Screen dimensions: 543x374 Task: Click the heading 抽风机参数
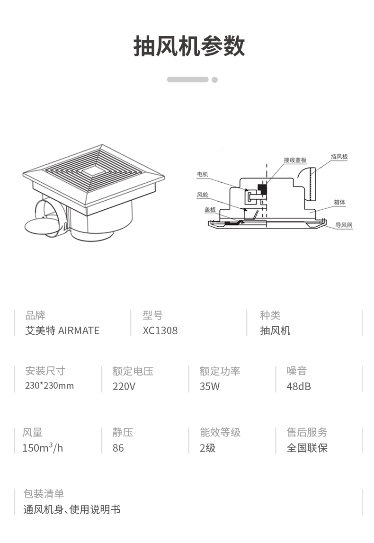(189, 46)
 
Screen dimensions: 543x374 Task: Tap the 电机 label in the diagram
(202, 175)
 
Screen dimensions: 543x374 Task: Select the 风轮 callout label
(202, 194)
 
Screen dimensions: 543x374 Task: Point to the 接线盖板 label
(295, 160)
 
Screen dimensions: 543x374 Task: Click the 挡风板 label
(339, 157)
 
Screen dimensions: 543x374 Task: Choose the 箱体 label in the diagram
(339, 202)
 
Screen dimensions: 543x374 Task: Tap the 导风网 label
(344, 225)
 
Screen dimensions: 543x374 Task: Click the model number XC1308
(160, 331)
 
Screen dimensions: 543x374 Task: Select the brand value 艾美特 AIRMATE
(62, 331)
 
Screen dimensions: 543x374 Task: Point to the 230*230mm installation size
(49, 386)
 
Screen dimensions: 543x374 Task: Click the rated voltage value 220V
(124, 386)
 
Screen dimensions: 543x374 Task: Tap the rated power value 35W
(209, 386)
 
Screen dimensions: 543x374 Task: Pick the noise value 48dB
(299, 386)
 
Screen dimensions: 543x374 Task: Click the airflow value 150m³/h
(42, 448)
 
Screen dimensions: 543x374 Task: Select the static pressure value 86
(118, 448)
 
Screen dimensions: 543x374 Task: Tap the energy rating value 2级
(207, 448)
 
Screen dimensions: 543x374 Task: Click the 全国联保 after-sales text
(307, 448)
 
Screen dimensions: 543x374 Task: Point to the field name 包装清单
(44, 494)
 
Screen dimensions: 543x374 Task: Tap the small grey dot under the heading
(214, 80)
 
